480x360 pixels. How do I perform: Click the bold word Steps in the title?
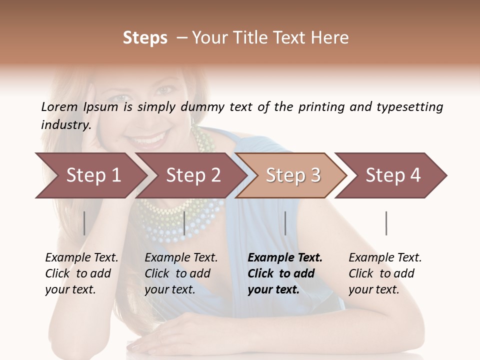point(145,38)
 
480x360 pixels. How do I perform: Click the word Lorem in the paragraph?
point(59,106)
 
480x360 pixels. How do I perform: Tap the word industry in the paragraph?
point(65,124)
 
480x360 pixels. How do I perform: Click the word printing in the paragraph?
point(321,107)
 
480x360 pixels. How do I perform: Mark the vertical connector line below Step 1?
point(84,223)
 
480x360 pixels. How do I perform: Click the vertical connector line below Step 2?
point(185,223)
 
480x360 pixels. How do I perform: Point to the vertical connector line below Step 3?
point(285,223)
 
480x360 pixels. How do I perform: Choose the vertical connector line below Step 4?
point(386,223)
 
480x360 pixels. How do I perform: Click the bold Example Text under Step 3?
point(285,258)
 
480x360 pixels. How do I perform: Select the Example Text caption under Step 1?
point(81,258)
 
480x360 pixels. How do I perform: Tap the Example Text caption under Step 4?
point(385,258)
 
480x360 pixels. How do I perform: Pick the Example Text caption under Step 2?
point(181,258)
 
